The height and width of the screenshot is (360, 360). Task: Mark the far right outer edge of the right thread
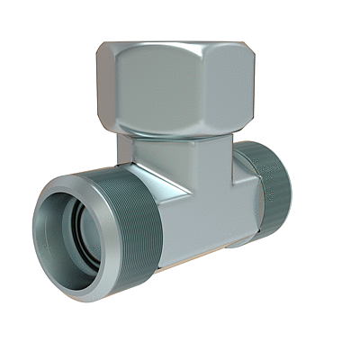291,184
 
